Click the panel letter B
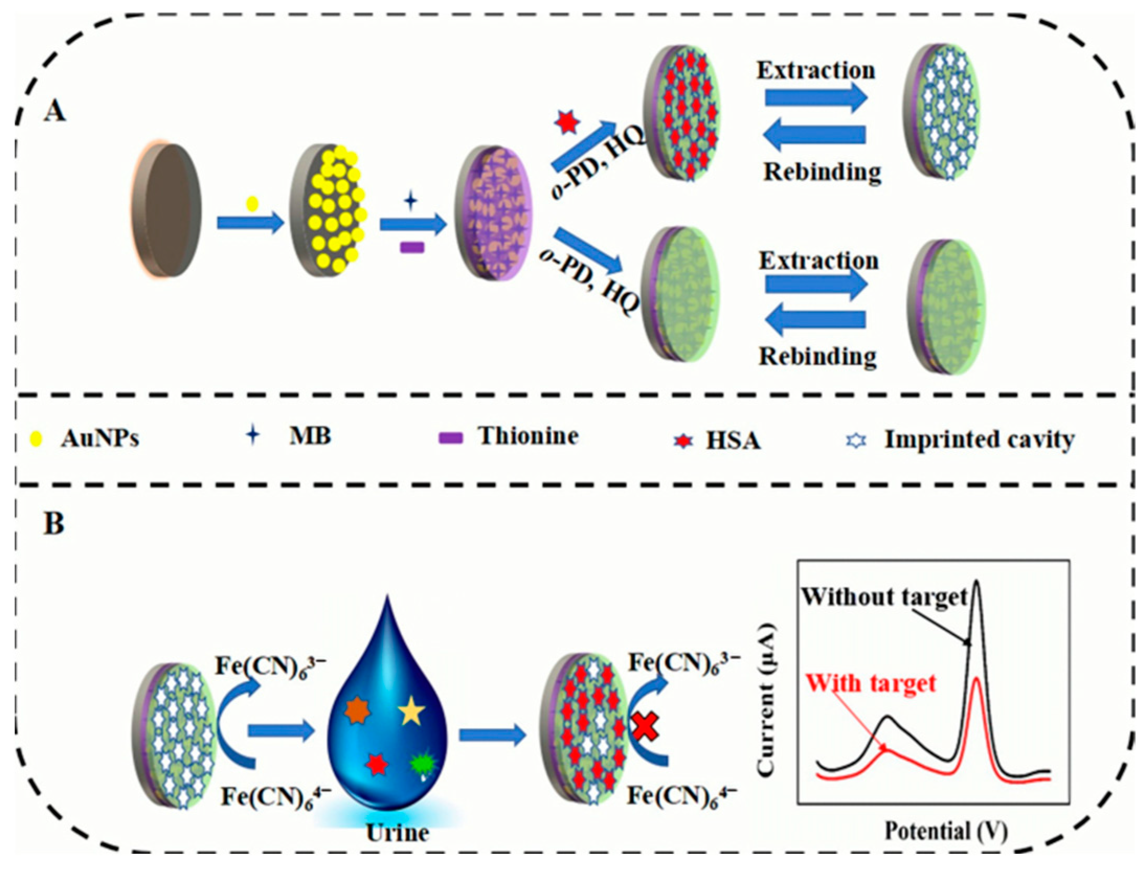[x=53, y=523]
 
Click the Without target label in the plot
[x=884, y=596]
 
